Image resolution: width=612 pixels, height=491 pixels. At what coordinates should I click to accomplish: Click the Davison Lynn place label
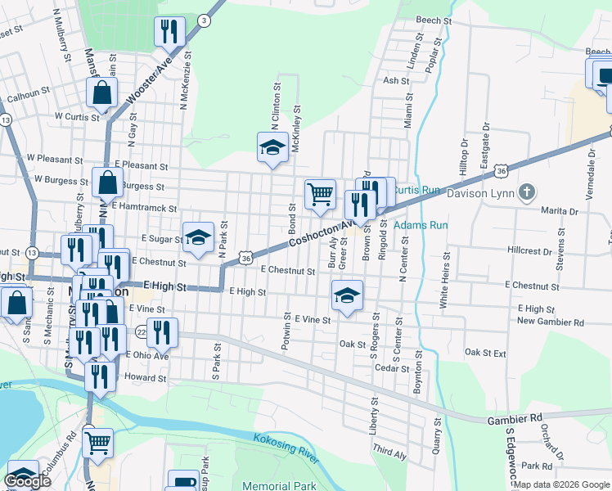click(479, 194)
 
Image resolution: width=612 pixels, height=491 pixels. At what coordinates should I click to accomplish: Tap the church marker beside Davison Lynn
click(528, 193)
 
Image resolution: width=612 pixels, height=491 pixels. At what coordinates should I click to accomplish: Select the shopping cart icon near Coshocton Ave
click(320, 194)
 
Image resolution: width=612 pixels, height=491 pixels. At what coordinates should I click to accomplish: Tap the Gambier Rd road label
click(515, 418)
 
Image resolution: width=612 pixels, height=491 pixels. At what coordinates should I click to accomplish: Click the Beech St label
click(434, 20)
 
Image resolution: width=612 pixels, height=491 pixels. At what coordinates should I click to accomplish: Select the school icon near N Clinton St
click(273, 147)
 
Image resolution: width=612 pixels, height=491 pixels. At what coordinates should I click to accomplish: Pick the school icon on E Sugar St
click(198, 236)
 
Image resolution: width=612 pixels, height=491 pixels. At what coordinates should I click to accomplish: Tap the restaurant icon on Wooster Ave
click(169, 32)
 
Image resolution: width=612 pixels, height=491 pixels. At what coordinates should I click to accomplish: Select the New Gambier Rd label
click(551, 322)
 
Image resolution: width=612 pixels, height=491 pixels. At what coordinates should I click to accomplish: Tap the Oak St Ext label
click(486, 353)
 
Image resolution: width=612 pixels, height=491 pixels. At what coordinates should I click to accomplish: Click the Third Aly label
click(389, 450)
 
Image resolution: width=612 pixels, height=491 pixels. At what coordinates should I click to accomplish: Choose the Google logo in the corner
click(28, 480)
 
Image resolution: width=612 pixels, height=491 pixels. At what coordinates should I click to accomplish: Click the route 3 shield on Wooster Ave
click(203, 19)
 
